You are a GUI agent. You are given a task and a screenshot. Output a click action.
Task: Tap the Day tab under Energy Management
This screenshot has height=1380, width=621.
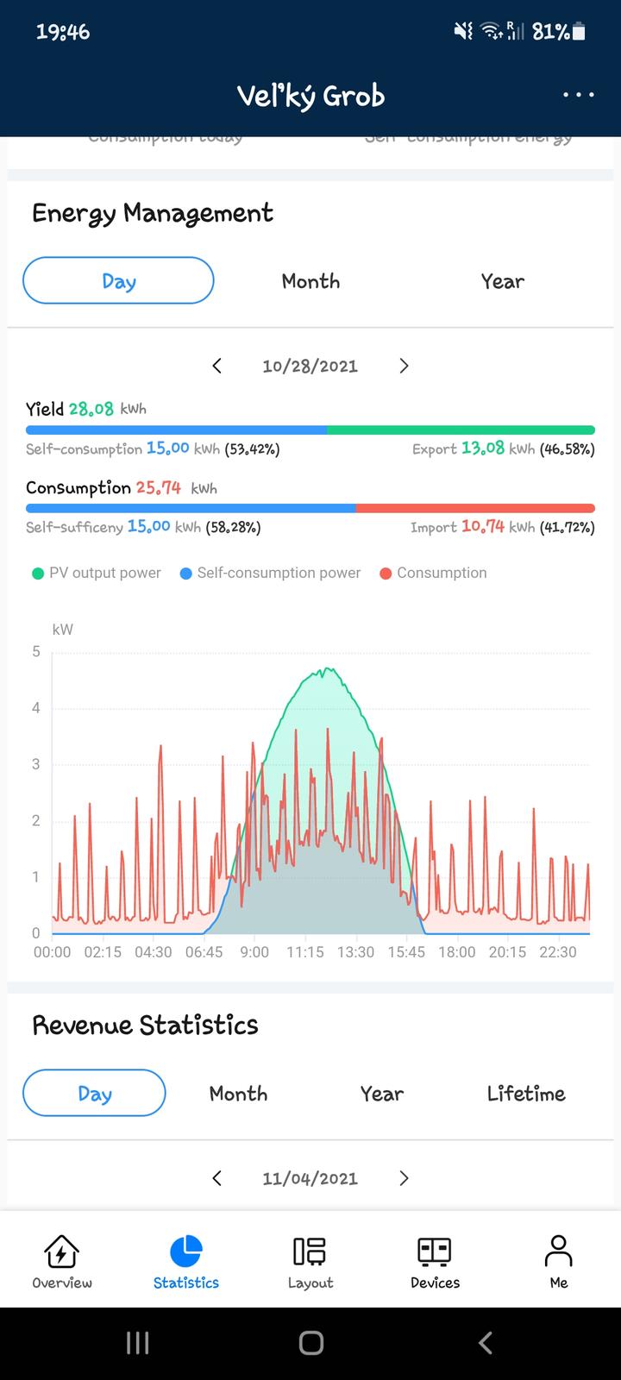click(x=118, y=281)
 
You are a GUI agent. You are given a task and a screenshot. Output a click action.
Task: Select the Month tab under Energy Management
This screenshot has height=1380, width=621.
click(x=310, y=281)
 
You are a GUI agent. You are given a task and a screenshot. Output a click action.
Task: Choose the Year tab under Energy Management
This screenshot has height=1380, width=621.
click(x=502, y=281)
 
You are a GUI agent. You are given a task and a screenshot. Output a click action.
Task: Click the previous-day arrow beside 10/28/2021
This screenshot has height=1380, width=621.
click(x=217, y=366)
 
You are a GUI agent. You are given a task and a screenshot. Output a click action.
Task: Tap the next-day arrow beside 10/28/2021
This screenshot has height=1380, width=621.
click(x=404, y=366)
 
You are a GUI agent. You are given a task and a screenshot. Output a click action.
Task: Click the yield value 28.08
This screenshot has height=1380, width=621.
click(x=91, y=409)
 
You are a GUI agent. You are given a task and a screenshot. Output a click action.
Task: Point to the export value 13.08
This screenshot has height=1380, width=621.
click(x=482, y=448)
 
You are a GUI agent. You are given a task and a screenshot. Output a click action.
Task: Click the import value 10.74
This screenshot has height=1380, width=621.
click(x=482, y=526)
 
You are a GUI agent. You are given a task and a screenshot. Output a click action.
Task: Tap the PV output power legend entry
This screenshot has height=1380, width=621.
click(x=97, y=573)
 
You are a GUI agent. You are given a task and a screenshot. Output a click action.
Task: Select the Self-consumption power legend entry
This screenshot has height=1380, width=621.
click(x=270, y=573)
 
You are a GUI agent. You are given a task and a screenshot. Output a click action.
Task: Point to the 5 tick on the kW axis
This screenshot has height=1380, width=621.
click(x=36, y=652)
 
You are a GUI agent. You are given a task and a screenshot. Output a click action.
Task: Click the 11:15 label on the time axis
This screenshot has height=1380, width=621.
click(x=305, y=952)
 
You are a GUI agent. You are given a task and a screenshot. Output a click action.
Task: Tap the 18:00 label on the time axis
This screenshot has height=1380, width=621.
click(x=456, y=952)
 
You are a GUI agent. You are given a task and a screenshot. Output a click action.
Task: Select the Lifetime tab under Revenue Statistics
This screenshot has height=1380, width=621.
click(x=526, y=1094)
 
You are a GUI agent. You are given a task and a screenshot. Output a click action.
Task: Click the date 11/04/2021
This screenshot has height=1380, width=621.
click(x=310, y=1178)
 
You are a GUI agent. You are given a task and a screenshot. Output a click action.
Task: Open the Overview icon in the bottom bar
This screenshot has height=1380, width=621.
click(x=62, y=1251)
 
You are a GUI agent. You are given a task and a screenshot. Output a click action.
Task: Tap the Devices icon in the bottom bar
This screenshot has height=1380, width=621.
click(x=435, y=1251)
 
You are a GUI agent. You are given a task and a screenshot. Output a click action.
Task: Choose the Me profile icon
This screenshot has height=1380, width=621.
click(x=559, y=1251)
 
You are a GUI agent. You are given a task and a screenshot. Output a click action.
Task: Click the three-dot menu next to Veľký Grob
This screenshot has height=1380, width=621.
click(x=578, y=95)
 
